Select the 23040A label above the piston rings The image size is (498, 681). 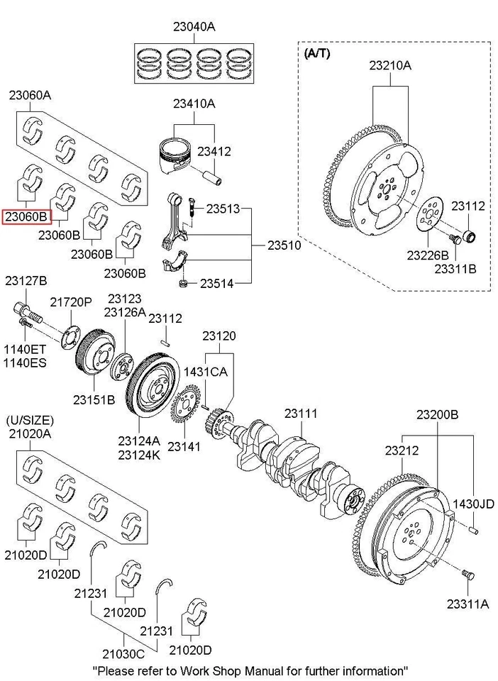click(194, 27)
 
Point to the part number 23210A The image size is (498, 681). click(389, 66)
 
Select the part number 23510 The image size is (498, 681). click(284, 245)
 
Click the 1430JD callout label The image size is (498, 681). click(474, 504)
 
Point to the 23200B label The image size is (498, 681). click(437, 414)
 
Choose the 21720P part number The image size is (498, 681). click(71, 301)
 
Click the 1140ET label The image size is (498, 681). click(26, 349)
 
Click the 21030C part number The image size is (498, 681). click(123, 653)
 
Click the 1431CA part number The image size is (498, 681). click(206, 371)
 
